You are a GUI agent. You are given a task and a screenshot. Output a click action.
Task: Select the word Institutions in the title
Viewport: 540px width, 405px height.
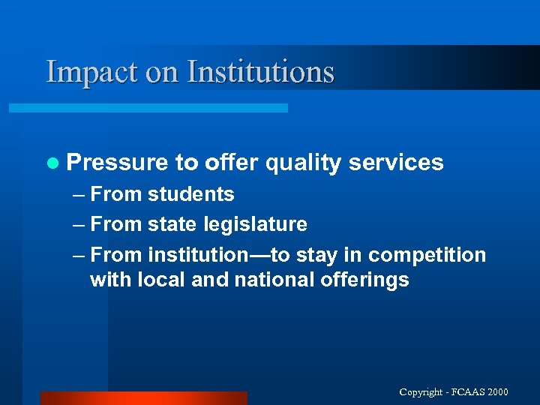tap(260, 72)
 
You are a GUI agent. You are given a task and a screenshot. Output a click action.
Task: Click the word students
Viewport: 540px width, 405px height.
tap(190, 194)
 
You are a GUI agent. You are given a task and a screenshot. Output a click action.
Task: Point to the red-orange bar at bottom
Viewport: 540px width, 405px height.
tap(143, 398)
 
